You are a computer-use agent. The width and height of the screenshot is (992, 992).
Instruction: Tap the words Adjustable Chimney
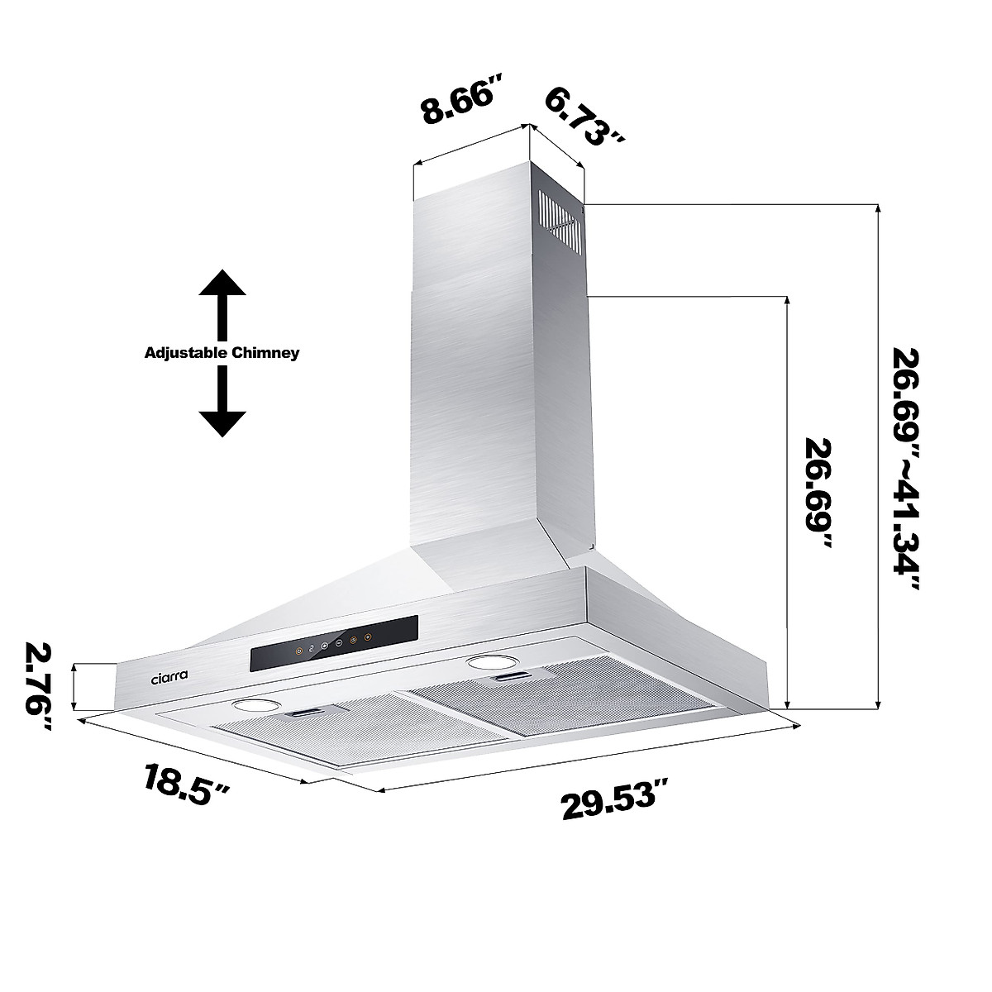222,353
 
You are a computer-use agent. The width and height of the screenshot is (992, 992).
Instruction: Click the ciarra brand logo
169,675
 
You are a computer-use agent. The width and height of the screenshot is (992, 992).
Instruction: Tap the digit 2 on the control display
312,650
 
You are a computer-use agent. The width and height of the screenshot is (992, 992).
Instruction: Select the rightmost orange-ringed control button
365,637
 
